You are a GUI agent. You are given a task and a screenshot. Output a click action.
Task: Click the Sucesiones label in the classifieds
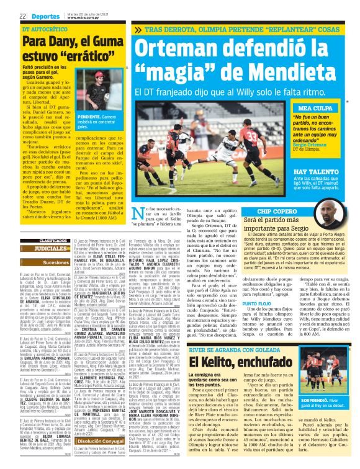[53, 262]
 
